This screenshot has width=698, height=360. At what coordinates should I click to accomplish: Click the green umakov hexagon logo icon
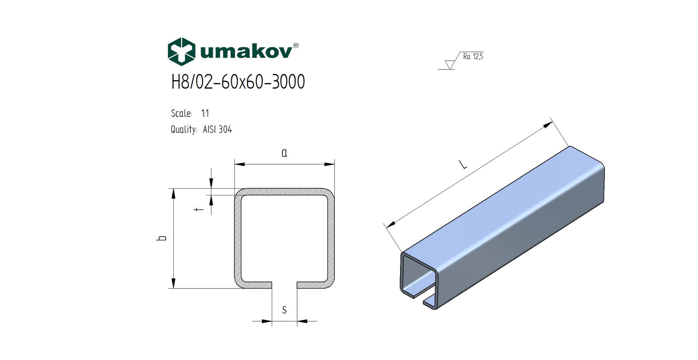click(181, 52)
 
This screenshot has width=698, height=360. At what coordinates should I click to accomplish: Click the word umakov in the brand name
click(246, 52)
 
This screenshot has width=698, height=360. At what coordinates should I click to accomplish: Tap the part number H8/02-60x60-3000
click(238, 82)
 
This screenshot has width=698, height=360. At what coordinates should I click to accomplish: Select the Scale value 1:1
click(205, 113)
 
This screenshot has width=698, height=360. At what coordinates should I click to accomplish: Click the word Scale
click(181, 113)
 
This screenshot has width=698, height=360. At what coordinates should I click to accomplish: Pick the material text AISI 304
click(217, 130)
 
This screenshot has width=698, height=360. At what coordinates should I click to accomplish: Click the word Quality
click(183, 130)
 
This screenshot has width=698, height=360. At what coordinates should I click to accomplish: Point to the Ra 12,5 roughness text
click(473, 57)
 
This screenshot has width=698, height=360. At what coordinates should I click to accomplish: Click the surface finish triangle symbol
click(450, 64)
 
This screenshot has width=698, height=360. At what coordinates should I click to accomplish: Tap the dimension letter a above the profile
click(284, 153)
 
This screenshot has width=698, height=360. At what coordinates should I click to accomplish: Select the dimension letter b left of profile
click(162, 238)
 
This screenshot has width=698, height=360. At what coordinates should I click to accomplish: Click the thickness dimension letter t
click(199, 209)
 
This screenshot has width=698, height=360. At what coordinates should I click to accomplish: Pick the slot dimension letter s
click(284, 310)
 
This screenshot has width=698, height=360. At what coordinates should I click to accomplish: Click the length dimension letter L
click(463, 165)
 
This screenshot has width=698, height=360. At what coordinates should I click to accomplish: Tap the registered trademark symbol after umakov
click(296, 45)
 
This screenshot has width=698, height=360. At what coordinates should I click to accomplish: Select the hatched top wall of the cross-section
click(284, 192)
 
